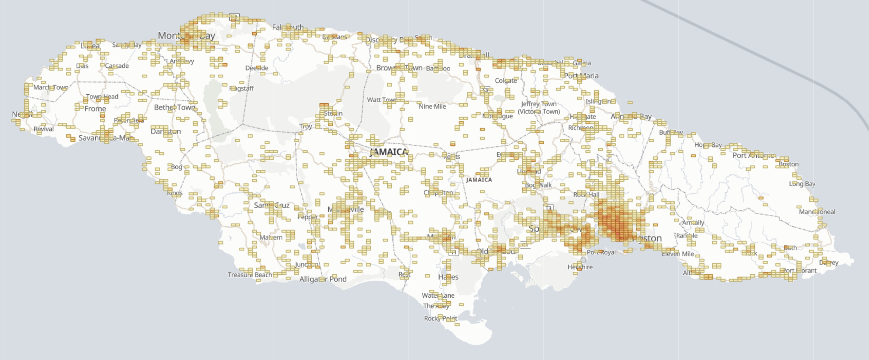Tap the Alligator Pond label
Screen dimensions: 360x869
pyautogui.click(x=323, y=279)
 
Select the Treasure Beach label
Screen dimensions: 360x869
pyautogui.click(x=250, y=275)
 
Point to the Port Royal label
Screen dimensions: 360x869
pyautogui.click(x=601, y=252)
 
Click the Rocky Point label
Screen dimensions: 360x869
pyautogui.click(x=441, y=318)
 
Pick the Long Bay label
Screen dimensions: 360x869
pyautogui.click(x=802, y=184)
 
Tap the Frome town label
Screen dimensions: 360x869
pyautogui.click(x=95, y=109)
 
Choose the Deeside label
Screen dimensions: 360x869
pyautogui.click(x=257, y=68)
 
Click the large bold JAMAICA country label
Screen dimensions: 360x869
pyautogui.click(x=389, y=152)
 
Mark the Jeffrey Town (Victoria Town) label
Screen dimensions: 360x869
pyautogui.click(x=539, y=108)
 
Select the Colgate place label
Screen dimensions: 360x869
pyautogui.click(x=506, y=80)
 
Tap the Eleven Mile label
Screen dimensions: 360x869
pyautogui.click(x=678, y=254)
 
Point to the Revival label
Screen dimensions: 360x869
pyautogui.click(x=43, y=129)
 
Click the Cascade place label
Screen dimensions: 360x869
pyautogui.click(x=117, y=66)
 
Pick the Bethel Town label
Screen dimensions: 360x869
pyautogui.click(x=174, y=107)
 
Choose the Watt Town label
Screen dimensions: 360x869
pyautogui.click(x=381, y=100)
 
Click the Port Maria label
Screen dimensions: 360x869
pyautogui.click(x=581, y=76)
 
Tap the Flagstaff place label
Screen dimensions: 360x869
pyautogui.click(x=241, y=88)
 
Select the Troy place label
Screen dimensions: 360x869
pyautogui.click(x=305, y=126)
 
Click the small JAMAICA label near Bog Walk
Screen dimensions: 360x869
pyautogui.click(x=479, y=180)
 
